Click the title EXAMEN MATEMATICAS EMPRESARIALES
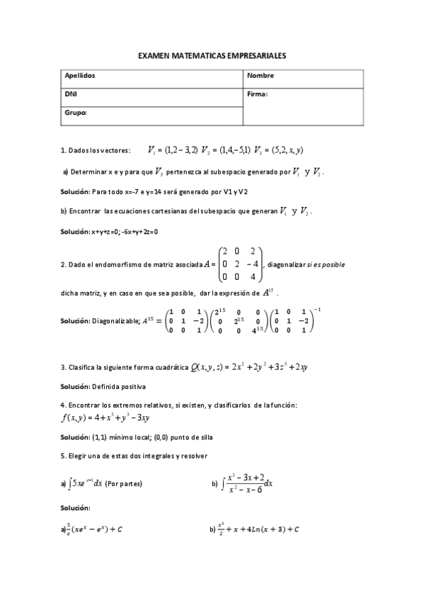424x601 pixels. pyautogui.click(x=212, y=55)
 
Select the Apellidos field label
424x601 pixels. pyautogui.click(x=79, y=75)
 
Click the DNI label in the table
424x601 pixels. pyautogui.click(x=70, y=94)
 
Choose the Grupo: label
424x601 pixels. pyautogui.click(x=75, y=112)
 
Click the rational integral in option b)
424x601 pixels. pyautogui.click(x=248, y=483)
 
